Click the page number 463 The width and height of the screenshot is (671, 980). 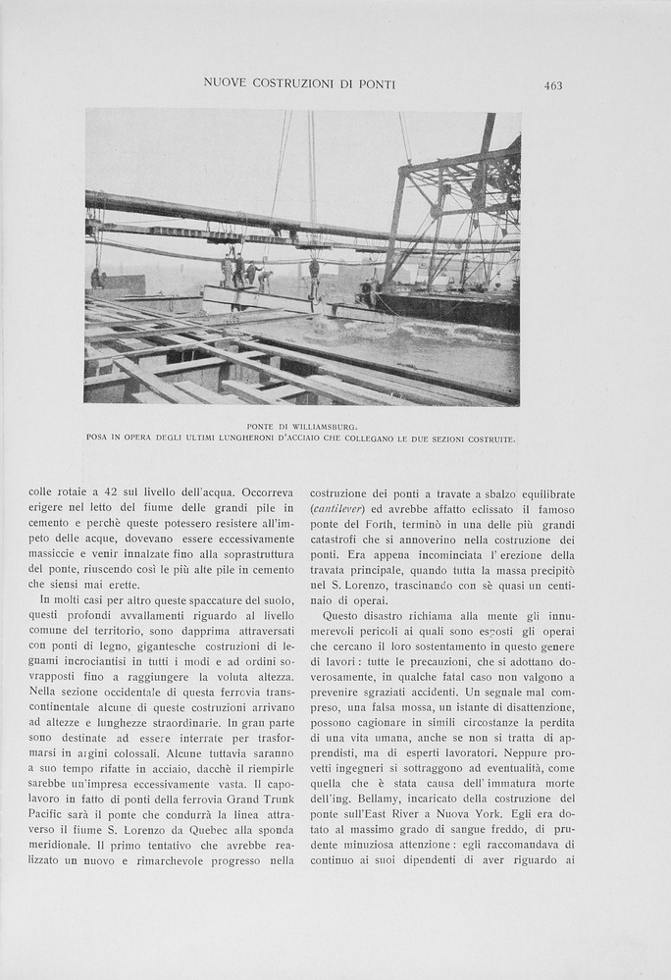[x=553, y=85]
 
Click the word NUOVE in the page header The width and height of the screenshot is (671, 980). [x=224, y=84]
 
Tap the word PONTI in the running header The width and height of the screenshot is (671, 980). [x=376, y=84]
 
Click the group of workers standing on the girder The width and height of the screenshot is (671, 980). [x=245, y=273]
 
